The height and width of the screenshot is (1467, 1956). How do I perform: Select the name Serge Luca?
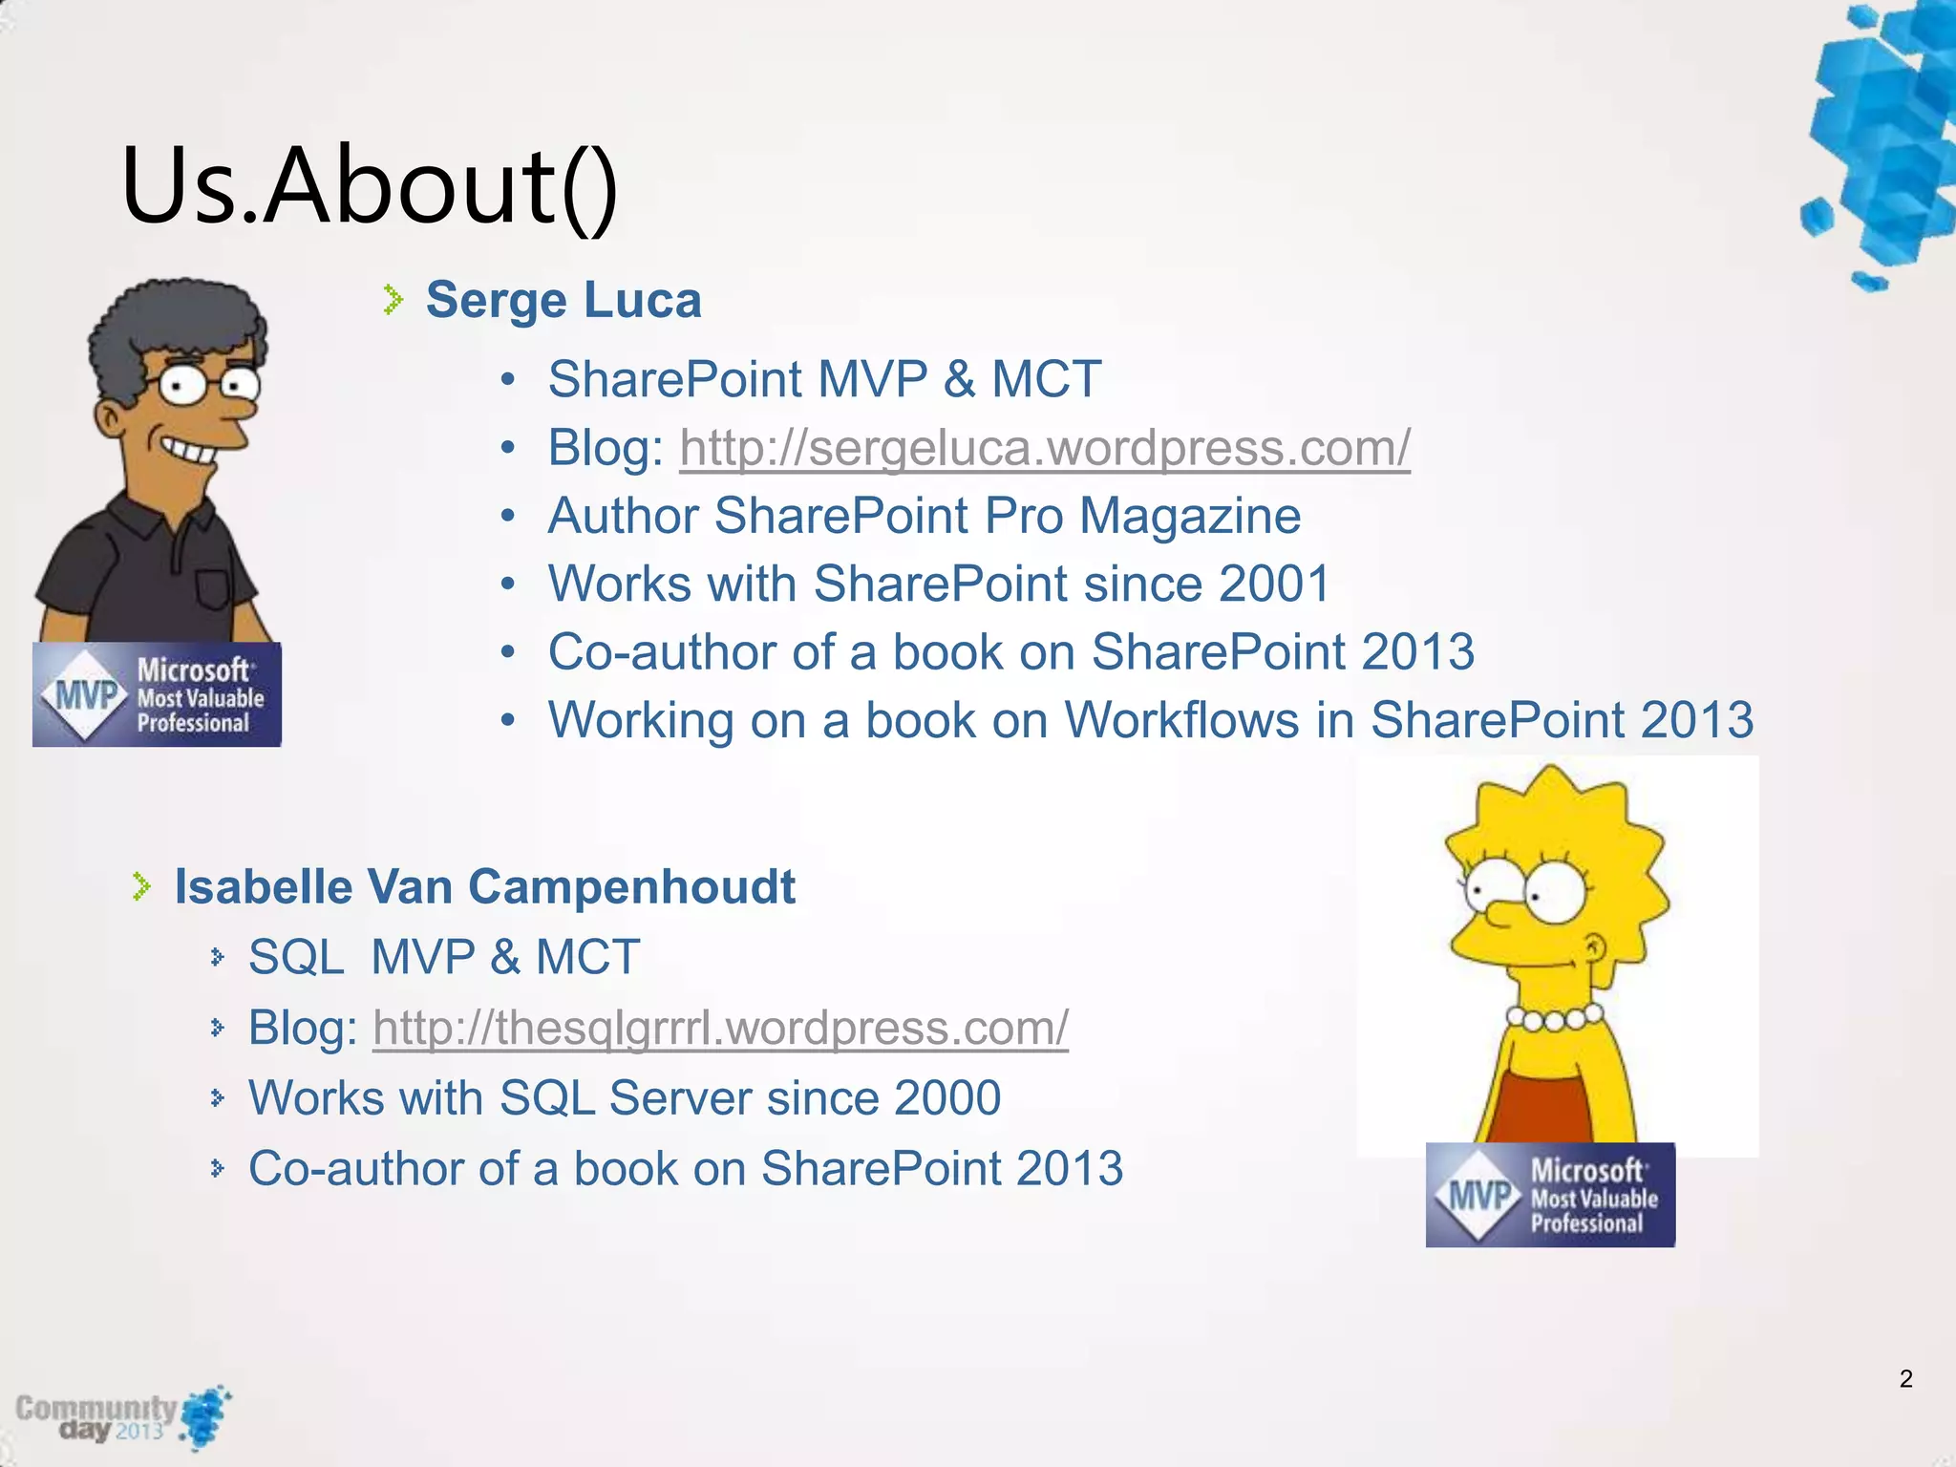[x=563, y=300]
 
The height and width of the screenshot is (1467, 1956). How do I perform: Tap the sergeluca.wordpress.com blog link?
[x=1045, y=447]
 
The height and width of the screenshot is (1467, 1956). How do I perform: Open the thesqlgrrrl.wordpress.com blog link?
[x=720, y=1028]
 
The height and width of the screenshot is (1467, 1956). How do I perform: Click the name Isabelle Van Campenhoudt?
[x=484, y=886]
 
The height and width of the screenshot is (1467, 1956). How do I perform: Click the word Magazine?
[x=1190, y=516]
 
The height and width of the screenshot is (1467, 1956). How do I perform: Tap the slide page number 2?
[x=1905, y=1378]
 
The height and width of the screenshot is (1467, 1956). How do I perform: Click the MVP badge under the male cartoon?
[x=157, y=694]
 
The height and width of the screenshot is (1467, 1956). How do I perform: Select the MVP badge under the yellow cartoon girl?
[x=1550, y=1195]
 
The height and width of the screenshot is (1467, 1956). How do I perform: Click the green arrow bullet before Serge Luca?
[x=393, y=300]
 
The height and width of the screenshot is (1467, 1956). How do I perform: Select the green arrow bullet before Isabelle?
[x=141, y=886]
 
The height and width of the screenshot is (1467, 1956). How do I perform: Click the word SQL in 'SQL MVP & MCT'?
[x=296, y=957]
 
